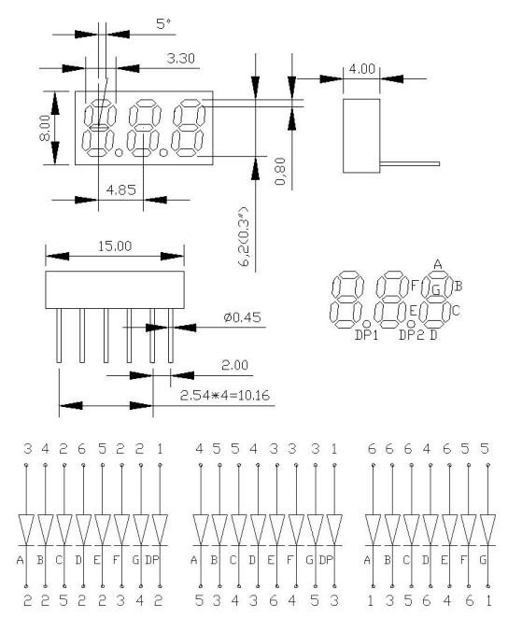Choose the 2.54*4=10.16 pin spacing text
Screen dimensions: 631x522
(x=231, y=396)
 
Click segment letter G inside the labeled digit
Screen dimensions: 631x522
(x=435, y=290)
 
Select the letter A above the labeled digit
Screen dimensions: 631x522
(x=438, y=262)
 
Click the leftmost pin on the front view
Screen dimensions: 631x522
(x=59, y=336)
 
